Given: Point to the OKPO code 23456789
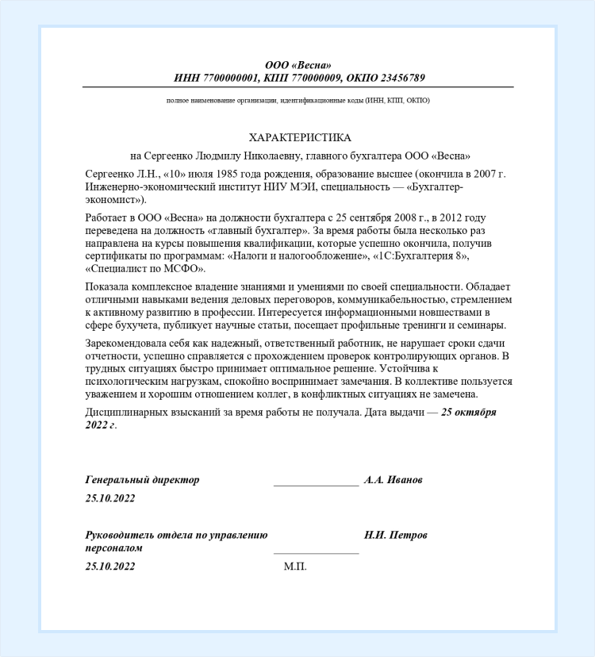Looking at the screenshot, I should (x=400, y=78).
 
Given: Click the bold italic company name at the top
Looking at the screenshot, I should (x=298, y=65).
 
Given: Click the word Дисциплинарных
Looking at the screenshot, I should (x=124, y=413).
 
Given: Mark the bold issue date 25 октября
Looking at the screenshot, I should (x=469, y=413).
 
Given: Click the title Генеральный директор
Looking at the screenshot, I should (x=142, y=480).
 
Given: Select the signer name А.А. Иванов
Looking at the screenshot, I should (x=393, y=480).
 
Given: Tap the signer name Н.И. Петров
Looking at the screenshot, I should (x=396, y=535).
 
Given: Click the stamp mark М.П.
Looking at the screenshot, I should (x=294, y=567).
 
